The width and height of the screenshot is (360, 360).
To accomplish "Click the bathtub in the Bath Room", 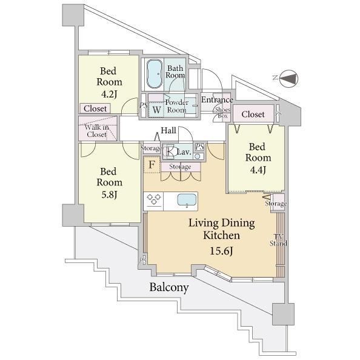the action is [155, 74].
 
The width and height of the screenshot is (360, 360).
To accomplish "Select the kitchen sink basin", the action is [187, 200].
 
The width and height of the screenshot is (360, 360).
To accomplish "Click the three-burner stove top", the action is [153, 200].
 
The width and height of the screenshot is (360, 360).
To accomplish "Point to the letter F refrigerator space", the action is [152, 165].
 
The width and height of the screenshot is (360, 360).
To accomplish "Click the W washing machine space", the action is [156, 110].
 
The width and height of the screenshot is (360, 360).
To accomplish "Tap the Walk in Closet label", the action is [96, 131].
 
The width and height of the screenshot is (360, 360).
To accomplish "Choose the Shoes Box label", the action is [222, 113].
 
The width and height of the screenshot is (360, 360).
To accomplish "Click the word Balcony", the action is [169, 287].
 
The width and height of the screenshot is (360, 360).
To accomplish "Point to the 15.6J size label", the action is [222, 251].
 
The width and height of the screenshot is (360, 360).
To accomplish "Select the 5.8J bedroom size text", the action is [109, 195].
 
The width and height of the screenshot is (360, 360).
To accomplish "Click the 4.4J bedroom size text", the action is [258, 170].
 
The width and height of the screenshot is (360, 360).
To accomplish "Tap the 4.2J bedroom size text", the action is [109, 94].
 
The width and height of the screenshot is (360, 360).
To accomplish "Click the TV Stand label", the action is [278, 240].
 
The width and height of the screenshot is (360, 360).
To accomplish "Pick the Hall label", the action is [168, 130].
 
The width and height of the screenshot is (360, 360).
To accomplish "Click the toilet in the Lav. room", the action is [170, 152].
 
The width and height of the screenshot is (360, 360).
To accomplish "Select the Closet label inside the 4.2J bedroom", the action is [95, 108].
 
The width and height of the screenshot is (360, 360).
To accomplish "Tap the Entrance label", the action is [217, 99].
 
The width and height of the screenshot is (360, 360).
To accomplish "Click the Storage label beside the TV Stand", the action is [276, 203].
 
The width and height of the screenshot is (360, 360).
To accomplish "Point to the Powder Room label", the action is [176, 106].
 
